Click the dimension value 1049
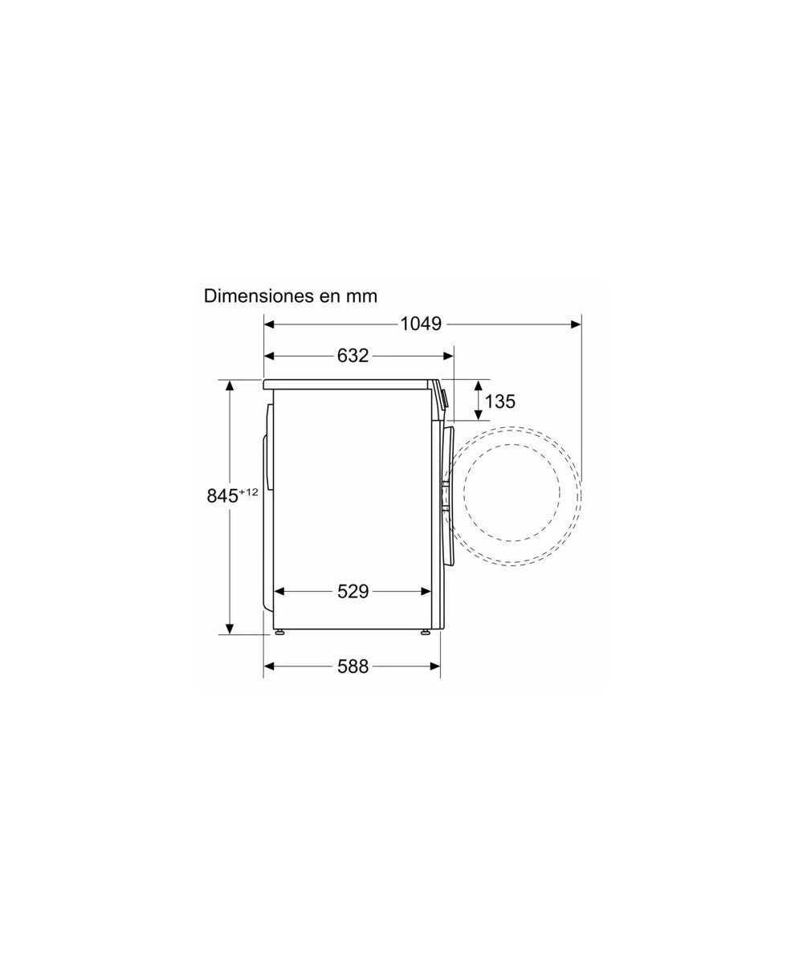click(421, 324)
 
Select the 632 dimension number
click(353, 356)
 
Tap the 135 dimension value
click(500, 401)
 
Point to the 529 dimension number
click(353, 591)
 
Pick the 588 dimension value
click(353, 666)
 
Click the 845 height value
click(222, 496)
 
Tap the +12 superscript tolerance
click(249, 492)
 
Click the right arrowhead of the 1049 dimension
click(576, 324)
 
